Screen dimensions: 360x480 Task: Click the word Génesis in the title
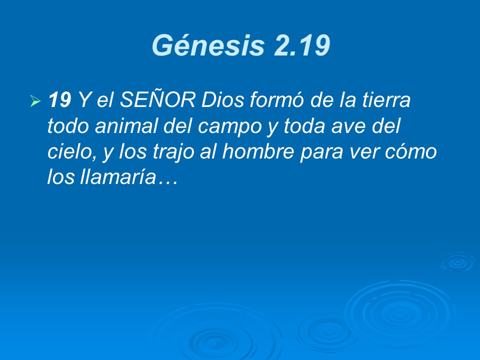tap(208, 46)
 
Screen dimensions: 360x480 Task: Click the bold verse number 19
tap(60, 101)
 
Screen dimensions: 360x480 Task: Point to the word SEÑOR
tap(157, 101)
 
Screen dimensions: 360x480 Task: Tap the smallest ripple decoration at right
tap(457, 261)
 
